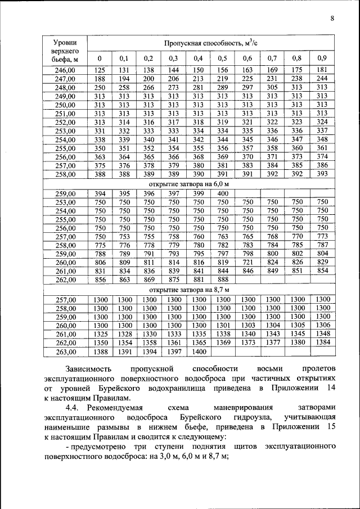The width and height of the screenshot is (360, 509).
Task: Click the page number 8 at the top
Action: tap(332, 19)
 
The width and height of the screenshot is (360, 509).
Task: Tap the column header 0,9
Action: tap(322, 58)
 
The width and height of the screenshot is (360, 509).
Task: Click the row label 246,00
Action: tap(65, 70)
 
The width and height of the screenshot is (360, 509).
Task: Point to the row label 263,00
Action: tap(65, 352)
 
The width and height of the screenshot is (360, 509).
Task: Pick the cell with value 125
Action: tap(100, 70)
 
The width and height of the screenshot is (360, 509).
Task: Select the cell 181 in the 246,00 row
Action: tap(322, 70)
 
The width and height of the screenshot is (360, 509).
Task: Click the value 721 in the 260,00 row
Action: tap(247, 262)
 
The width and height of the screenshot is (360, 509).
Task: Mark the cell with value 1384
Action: tap(322, 343)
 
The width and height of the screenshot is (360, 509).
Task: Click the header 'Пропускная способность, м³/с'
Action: tap(211, 43)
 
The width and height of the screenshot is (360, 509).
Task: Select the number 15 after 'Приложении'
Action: tap(331, 427)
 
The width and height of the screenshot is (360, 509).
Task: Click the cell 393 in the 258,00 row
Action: tap(322, 175)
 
